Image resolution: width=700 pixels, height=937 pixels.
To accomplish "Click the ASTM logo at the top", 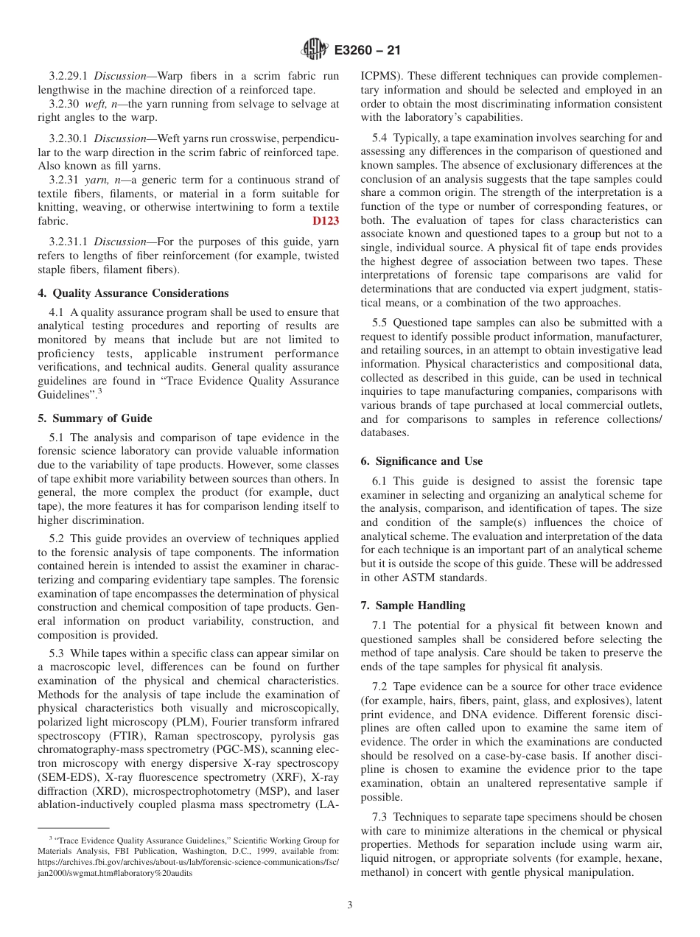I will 315,50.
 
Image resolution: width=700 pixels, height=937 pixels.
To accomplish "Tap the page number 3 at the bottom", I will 350,905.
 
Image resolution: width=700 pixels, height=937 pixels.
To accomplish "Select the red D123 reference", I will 326,221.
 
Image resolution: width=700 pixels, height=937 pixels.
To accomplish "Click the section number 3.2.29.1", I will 69,77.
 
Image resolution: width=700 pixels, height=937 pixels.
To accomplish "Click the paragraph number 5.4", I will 380,138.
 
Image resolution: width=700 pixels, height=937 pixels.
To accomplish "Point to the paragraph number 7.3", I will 380,817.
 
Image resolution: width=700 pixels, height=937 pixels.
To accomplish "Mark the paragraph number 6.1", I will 380,481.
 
